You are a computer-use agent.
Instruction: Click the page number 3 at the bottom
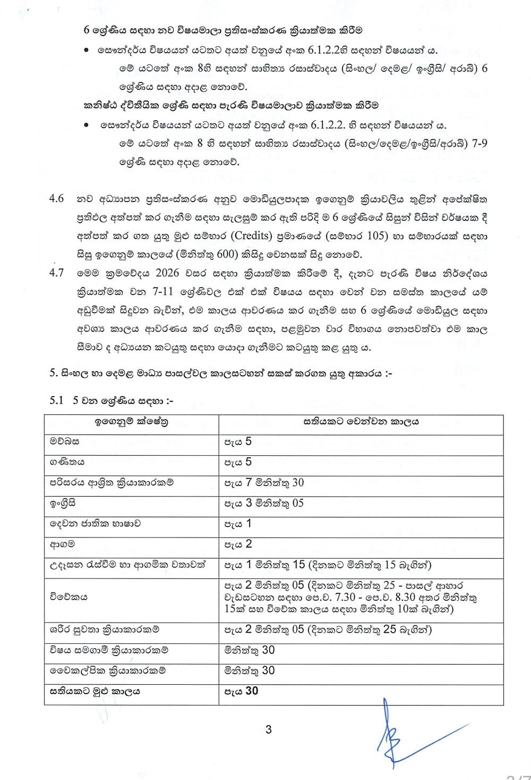268,729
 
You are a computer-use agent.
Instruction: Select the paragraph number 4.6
56,199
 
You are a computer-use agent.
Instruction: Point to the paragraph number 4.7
56,273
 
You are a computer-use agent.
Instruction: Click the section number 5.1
57,400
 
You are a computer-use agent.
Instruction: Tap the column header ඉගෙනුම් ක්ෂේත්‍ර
131,422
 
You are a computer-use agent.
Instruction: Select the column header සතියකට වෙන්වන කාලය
361,422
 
